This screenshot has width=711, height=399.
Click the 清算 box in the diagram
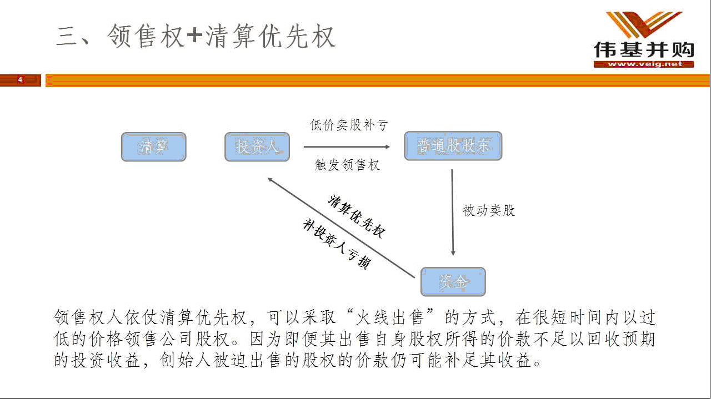(154, 147)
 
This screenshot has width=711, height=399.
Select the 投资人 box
(257, 147)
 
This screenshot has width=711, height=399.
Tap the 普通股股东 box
(453, 146)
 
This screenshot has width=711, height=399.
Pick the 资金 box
(453, 282)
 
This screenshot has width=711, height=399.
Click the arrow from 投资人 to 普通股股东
(347, 147)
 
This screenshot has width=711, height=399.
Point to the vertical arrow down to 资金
(453, 213)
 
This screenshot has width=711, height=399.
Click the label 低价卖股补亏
(348, 125)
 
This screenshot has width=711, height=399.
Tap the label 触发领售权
(347, 165)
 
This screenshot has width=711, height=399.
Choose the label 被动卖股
(488, 210)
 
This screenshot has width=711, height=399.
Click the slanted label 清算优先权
(357, 216)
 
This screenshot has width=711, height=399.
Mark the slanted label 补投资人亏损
(337, 244)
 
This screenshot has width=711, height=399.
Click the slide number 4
(21, 79)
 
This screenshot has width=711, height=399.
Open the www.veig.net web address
(645, 64)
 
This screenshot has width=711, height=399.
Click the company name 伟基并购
(644, 50)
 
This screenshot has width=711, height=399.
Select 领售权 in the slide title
(146, 36)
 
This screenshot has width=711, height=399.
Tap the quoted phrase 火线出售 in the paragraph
(389, 317)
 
